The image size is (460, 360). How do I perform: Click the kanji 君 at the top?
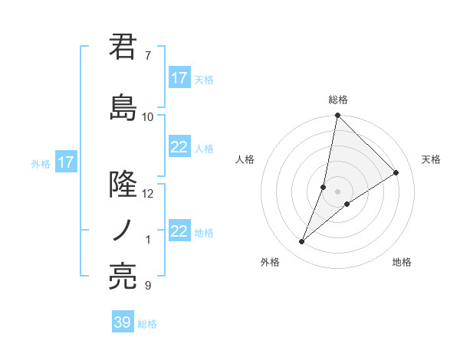pyautogui.click(x=123, y=47)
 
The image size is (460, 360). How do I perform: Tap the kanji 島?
pyautogui.click(x=123, y=108)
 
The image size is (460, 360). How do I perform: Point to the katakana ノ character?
pyautogui.click(x=123, y=230)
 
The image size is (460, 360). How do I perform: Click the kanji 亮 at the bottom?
pyautogui.click(x=123, y=276)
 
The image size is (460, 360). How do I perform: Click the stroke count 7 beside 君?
pyautogui.click(x=147, y=56)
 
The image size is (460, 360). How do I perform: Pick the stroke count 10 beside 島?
pyautogui.click(x=148, y=117)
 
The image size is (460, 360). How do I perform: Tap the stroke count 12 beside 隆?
pyautogui.click(x=148, y=193)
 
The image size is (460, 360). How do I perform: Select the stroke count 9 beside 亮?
pyautogui.click(x=147, y=286)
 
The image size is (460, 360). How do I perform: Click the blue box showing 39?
pyautogui.click(x=123, y=322)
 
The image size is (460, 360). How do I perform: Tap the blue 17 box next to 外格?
pyautogui.click(x=65, y=162)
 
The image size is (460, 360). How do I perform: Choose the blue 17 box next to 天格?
pyautogui.click(x=179, y=78)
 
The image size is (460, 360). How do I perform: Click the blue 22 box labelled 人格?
pyautogui.click(x=179, y=148)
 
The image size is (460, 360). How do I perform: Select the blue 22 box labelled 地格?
pyautogui.click(x=179, y=231)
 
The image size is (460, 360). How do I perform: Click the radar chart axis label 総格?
pyautogui.click(x=338, y=100)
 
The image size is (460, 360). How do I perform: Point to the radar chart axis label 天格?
pyautogui.click(x=431, y=159)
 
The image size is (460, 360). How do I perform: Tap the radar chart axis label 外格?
pyautogui.click(x=269, y=262)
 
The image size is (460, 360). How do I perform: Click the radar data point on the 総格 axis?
pyautogui.click(x=338, y=116)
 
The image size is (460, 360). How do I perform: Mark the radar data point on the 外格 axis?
pyautogui.click(x=302, y=242)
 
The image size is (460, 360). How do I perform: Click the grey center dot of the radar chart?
pyautogui.click(x=338, y=191)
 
